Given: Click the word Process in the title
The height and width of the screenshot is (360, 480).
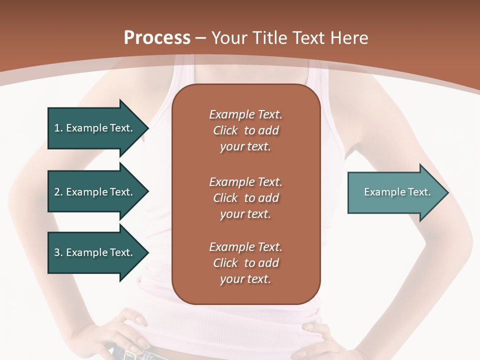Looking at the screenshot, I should (157, 37).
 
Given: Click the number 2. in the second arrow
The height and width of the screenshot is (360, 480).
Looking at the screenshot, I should (58, 192).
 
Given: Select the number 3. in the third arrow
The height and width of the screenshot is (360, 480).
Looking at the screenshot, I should (58, 252).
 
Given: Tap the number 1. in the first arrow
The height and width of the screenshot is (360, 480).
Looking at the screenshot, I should (58, 128).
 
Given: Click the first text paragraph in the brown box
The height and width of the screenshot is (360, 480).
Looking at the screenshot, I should (245, 130).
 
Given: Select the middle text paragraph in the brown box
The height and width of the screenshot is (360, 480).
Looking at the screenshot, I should (245, 198).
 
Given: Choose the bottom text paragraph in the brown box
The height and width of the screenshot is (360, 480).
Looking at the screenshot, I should (245, 263).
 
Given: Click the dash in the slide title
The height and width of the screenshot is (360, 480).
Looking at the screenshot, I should (201, 38).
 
